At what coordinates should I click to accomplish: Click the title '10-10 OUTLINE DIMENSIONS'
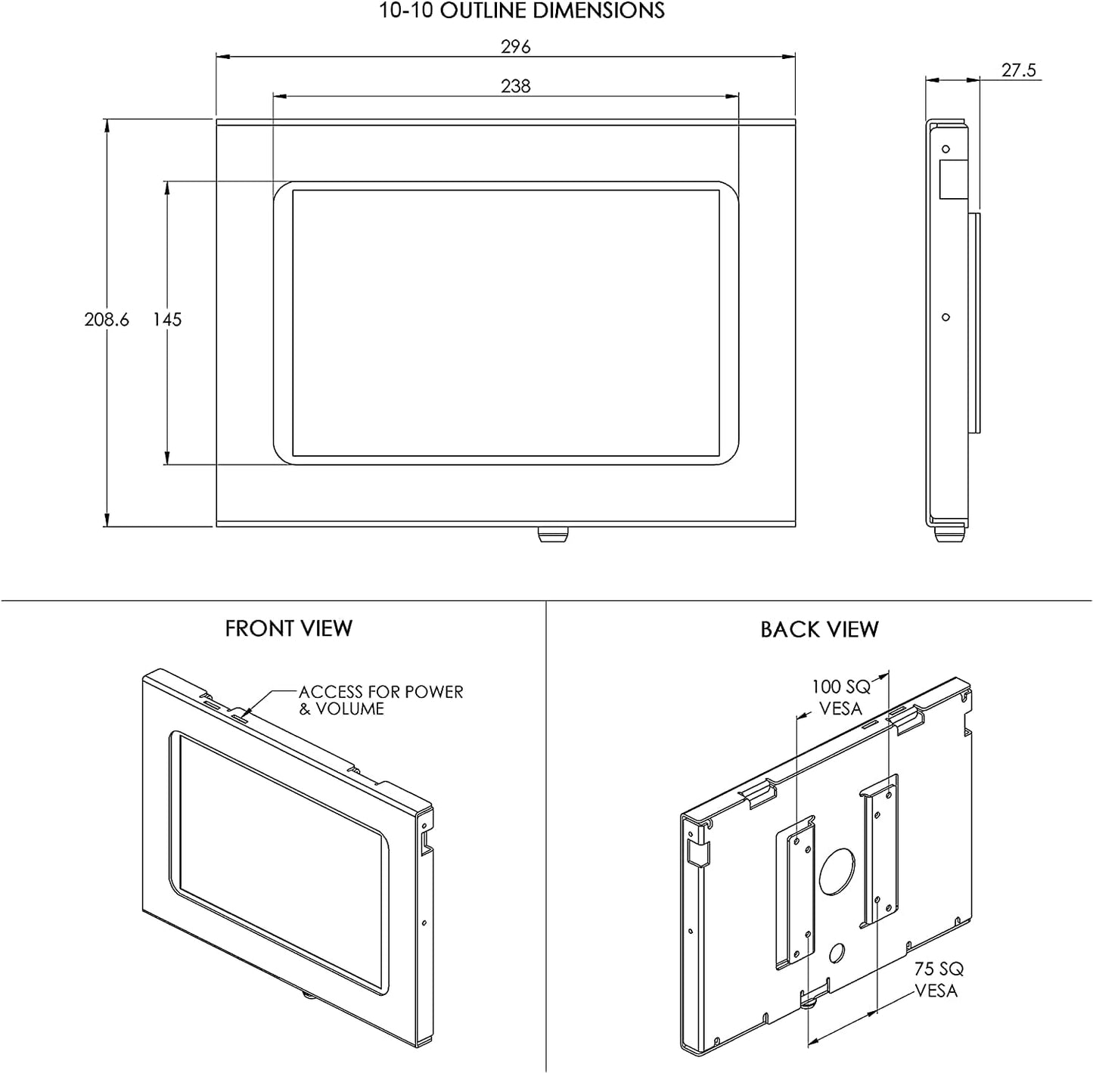(x=521, y=11)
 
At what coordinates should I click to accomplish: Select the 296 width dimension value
(x=515, y=46)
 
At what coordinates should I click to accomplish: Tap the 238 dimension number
(x=515, y=85)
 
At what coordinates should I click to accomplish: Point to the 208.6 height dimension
(x=107, y=319)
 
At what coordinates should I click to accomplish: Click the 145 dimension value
(x=166, y=319)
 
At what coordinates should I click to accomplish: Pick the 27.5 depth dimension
(x=1018, y=70)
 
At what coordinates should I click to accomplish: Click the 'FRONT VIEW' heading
(x=288, y=628)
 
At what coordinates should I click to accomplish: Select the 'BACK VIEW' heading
(x=819, y=629)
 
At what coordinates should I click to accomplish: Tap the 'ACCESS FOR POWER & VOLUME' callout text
(x=380, y=700)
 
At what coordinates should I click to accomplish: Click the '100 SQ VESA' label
(x=840, y=697)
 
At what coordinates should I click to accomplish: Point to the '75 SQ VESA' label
(x=938, y=979)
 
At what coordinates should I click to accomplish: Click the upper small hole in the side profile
(x=946, y=149)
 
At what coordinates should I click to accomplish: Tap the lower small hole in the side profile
(x=946, y=318)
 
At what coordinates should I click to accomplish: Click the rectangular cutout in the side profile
(x=953, y=179)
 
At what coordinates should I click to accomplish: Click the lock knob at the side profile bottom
(x=949, y=534)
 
